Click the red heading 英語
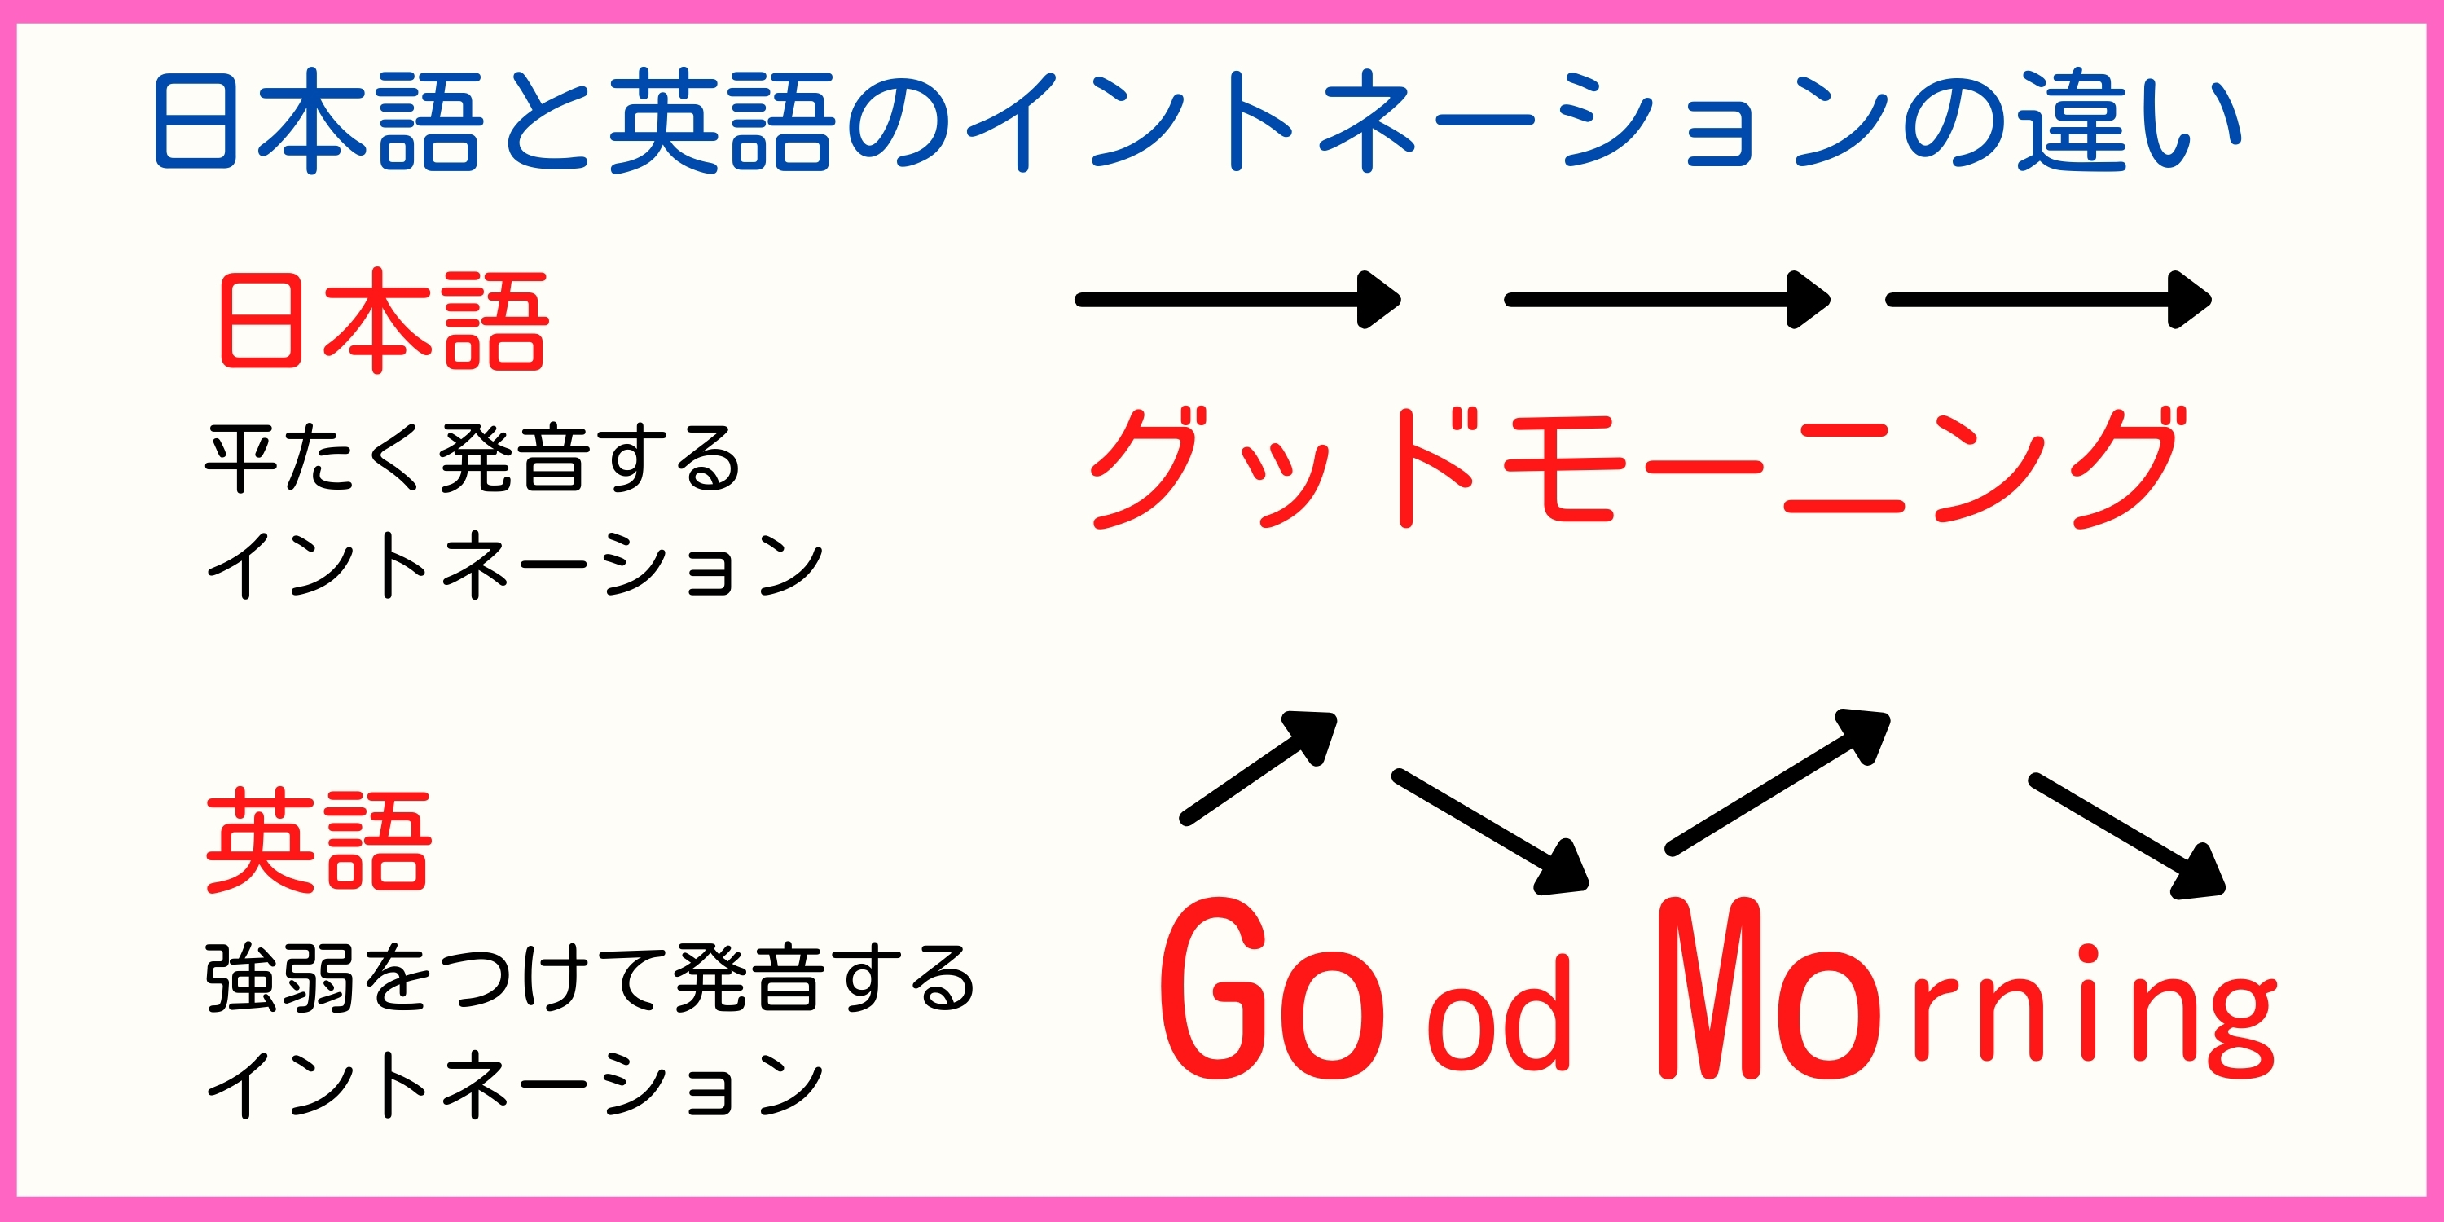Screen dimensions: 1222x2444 (319, 842)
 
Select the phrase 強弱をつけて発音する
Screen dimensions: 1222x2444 (590, 978)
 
